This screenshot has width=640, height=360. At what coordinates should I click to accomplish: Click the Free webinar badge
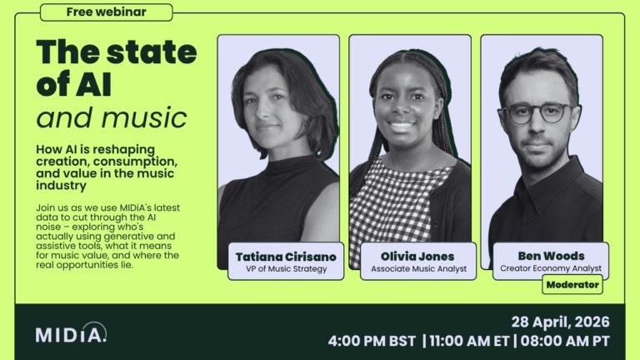[106, 12]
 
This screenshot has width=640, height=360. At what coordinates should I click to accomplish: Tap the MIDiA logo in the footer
[71, 333]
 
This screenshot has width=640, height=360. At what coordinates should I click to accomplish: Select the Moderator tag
[572, 284]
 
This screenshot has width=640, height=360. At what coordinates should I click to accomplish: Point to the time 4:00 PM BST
[374, 341]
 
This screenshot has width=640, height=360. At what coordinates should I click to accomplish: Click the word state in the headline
[154, 52]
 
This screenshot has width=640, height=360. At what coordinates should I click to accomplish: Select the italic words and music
[112, 116]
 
